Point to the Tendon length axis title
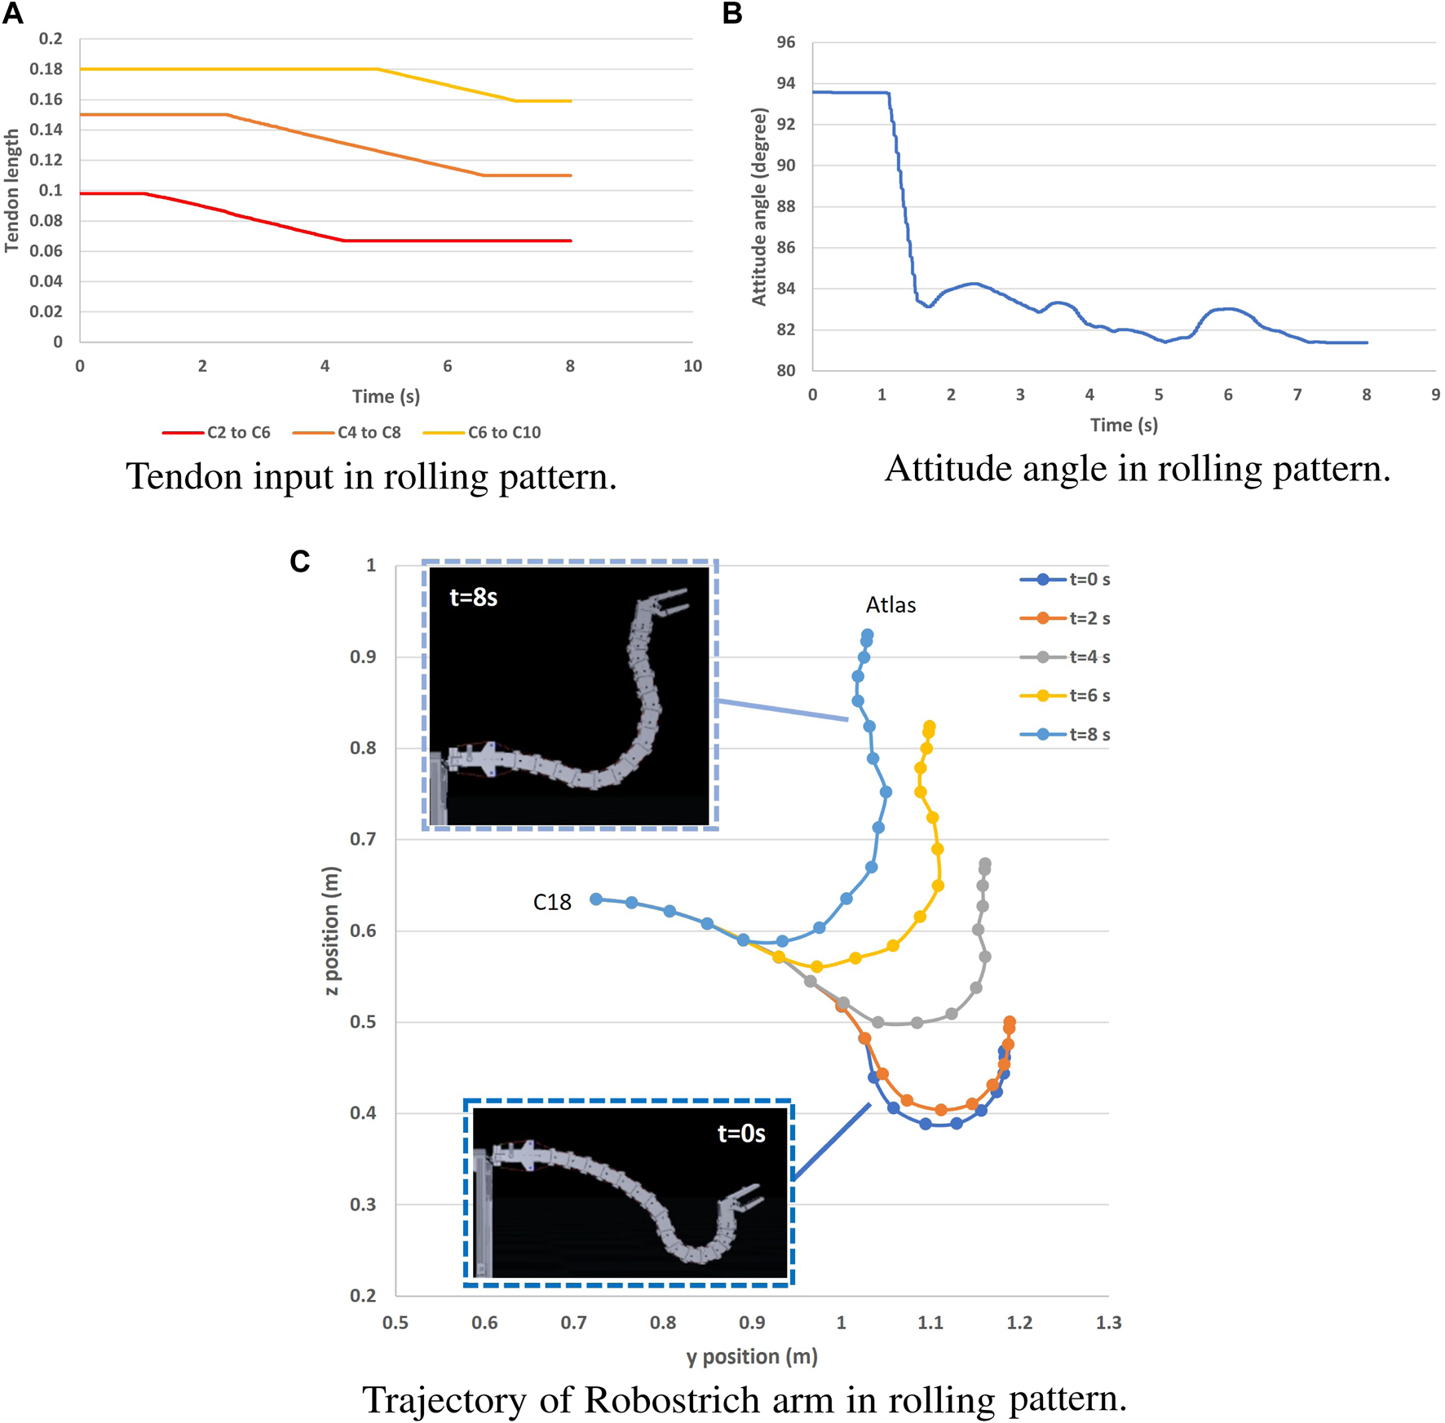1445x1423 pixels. (11, 190)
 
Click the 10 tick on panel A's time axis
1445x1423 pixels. (692, 366)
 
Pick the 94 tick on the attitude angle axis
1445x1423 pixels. (785, 83)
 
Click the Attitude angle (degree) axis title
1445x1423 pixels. (759, 206)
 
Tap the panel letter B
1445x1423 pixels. (731, 14)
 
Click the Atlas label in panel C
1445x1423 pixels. (890, 605)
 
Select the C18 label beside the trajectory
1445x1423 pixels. (552, 902)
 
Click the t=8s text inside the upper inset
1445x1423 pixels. (473, 598)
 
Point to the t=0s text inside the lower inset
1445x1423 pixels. (740, 1134)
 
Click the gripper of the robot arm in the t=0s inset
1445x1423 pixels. (742, 1200)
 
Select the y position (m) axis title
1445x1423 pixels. (751, 1356)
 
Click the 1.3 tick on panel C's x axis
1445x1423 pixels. (1107, 1323)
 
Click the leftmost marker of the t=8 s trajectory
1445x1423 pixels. (596, 899)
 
